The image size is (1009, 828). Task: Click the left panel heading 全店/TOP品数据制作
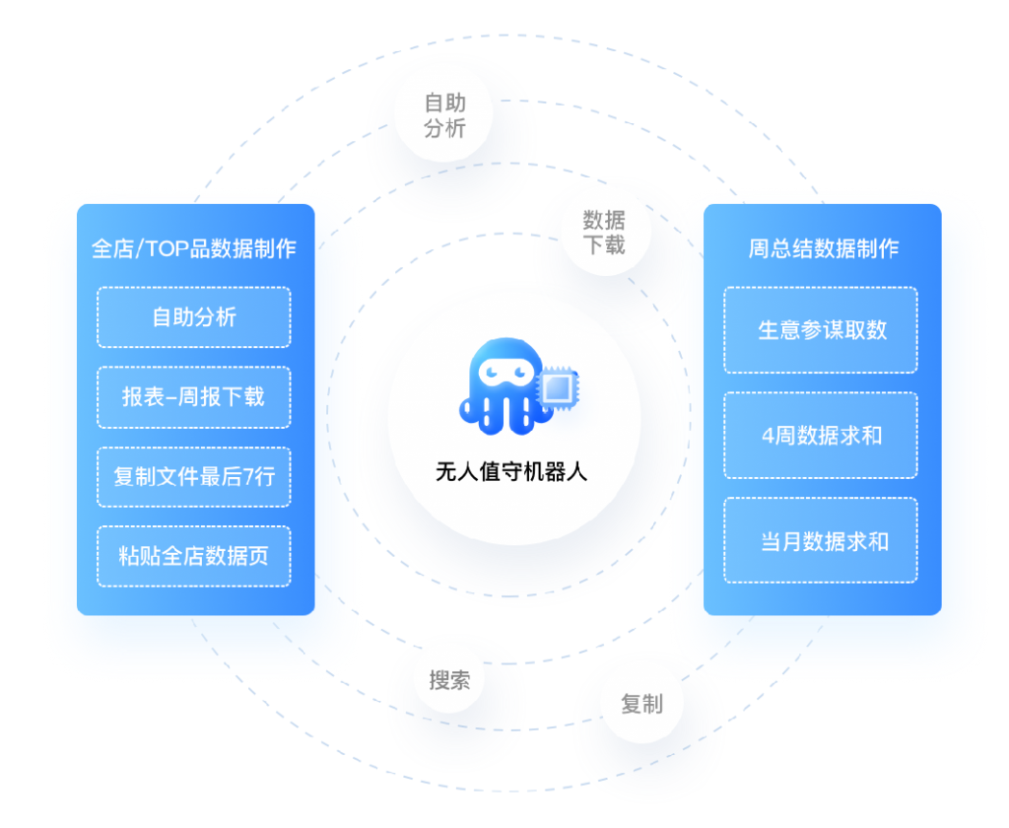coord(194,248)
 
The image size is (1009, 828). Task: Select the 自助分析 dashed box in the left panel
coord(194,317)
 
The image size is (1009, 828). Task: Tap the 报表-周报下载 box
coord(194,397)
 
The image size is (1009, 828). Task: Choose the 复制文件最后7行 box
coord(194,477)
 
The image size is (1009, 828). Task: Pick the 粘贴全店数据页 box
coord(194,556)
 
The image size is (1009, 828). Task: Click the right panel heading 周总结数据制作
coord(823,248)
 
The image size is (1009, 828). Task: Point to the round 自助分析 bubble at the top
coord(444,115)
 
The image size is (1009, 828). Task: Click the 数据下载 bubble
coord(603,233)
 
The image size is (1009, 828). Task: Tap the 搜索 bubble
coord(449,680)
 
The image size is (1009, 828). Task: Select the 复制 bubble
coord(641,704)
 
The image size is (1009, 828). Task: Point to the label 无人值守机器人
coord(511,472)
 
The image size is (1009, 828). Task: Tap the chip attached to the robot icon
coord(558,388)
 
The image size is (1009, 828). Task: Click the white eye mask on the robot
coord(499,373)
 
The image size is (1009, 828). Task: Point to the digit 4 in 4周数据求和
coord(768,436)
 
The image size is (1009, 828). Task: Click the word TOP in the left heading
coord(167,248)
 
